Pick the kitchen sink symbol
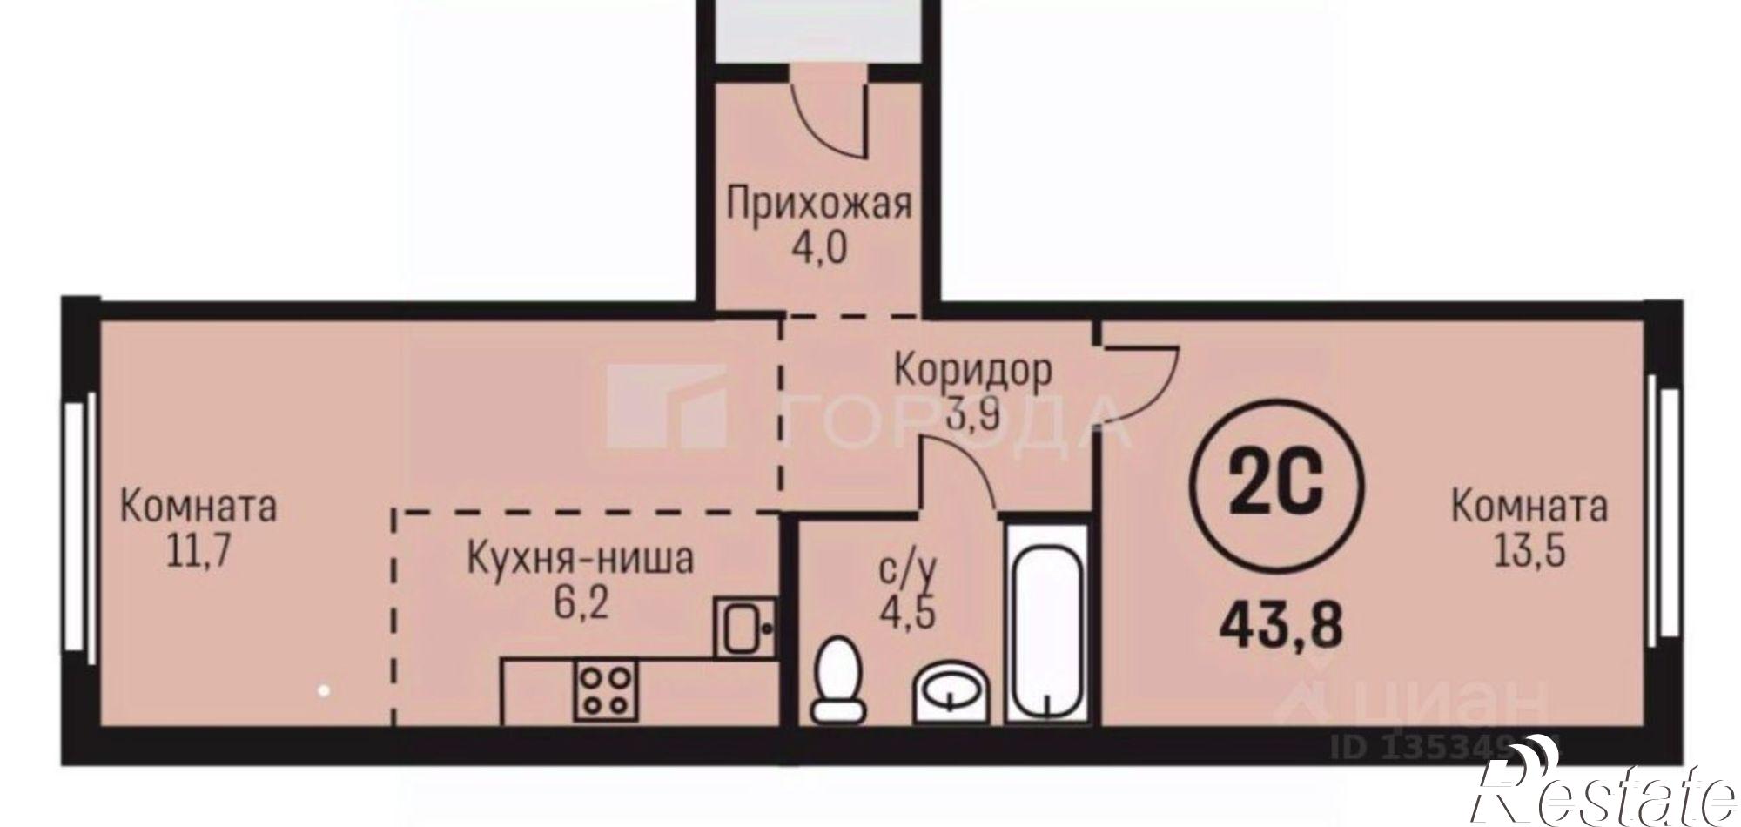(745, 627)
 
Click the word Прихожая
(819, 206)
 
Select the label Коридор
(973, 370)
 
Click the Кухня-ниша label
(581, 559)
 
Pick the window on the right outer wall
(1665, 521)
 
